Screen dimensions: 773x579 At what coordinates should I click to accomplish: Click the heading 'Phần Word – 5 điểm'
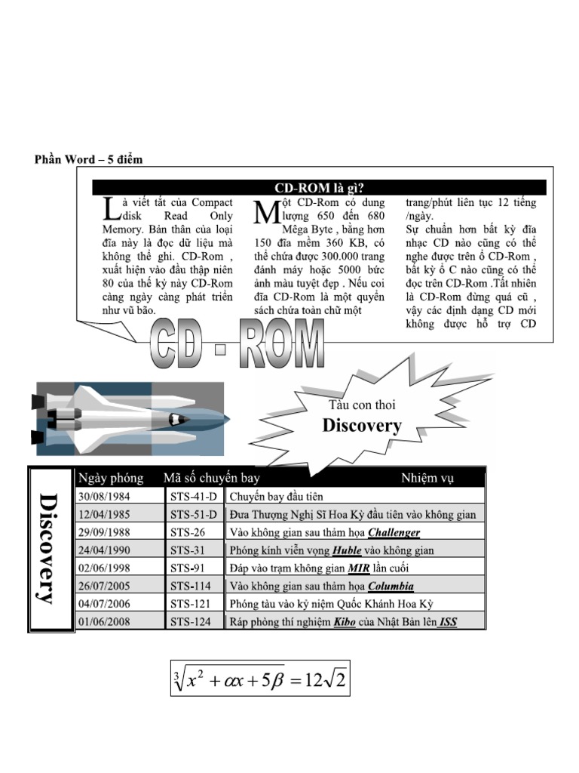click(x=88, y=159)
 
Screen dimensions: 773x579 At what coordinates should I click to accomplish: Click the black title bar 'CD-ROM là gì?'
click(x=319, y=187)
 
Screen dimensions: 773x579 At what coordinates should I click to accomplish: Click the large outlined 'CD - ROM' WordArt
click(x=237, y=344)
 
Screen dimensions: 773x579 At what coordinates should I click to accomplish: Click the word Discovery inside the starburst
click(x=362, y=427)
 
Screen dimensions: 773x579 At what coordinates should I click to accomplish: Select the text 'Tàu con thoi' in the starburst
click(x=362, y=405)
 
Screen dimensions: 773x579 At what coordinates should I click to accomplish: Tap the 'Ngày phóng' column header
click(x=110, y=478)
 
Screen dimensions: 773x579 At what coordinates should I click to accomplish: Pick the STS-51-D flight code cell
click(x=193, y=515)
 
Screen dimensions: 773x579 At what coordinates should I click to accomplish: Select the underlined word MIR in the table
click(x=359, y=568)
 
